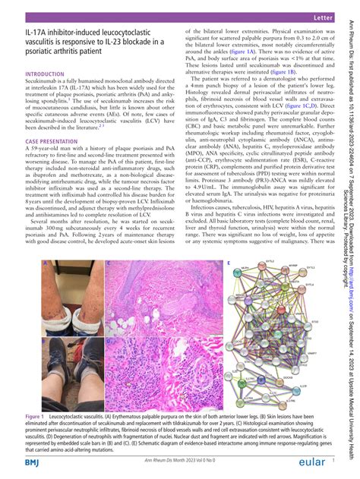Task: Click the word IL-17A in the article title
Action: (x=36, y=33)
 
